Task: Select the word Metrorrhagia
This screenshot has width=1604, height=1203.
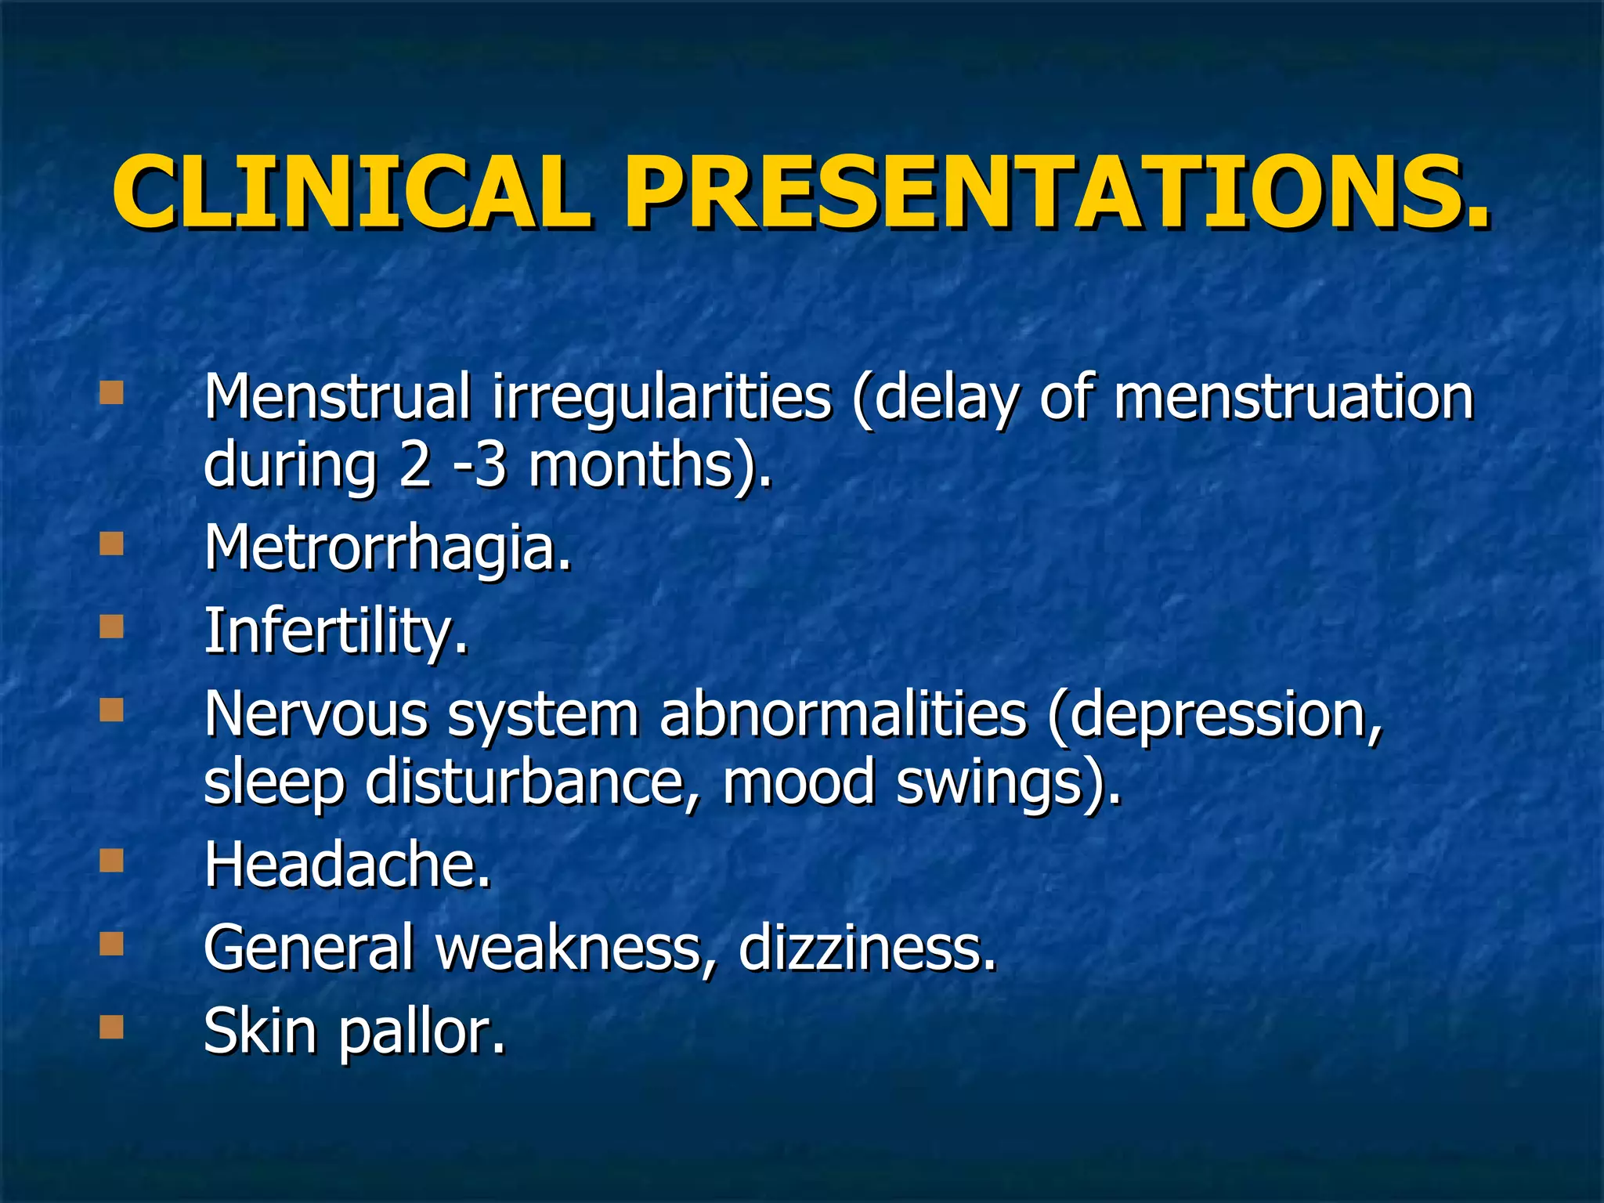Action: [388, 548]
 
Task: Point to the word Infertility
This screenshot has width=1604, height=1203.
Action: [335, 631]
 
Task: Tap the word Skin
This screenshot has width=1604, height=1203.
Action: [260, 1031]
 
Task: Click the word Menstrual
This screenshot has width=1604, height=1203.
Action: [337, 397]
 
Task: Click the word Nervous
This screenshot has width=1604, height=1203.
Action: [316, 715]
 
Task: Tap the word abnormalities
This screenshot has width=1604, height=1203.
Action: [843, 714]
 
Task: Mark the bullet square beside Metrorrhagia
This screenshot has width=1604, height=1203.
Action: [112, 544]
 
